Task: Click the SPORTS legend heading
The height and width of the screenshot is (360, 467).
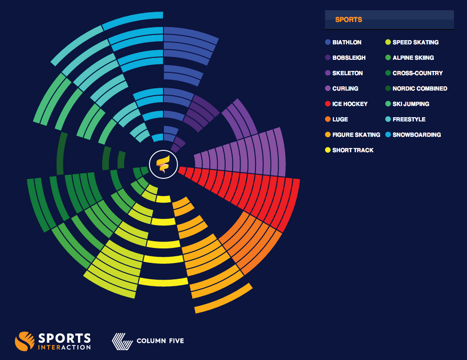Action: (x=348, y=20)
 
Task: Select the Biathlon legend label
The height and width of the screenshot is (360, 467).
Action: (x=347, y=42)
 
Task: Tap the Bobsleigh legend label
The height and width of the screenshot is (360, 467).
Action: (x=349, y=58)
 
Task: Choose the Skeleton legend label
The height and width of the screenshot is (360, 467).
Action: (x=347, y=73)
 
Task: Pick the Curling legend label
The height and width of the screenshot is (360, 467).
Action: (x=345, y=89)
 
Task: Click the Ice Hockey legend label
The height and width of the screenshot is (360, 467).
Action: (x=350, y=104)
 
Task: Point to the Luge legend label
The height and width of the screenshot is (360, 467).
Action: (x=340, y=120)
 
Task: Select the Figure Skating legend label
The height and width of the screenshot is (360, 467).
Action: (x=356, y=135)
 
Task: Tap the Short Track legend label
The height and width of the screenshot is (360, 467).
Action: (x=353, y=150)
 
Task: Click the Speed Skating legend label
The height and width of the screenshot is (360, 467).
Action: (x=415, y=42)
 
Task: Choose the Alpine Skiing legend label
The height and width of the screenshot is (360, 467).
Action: (x=413, y=58)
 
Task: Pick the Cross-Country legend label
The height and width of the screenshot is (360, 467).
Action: (x=417, y=73)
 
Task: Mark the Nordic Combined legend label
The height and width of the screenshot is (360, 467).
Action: (x=420, y=89)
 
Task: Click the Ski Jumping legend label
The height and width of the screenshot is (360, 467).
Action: (x=410, y=104)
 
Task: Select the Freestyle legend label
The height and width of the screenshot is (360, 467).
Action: (x=409, y=120)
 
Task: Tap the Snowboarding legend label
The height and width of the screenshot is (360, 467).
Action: (x=417, y=135)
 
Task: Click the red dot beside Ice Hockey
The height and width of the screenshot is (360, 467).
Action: (x=328, y=104)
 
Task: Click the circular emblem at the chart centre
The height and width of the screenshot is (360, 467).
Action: (x=163, y=164)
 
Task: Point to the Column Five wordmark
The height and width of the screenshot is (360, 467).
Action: (x=160, y=341)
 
